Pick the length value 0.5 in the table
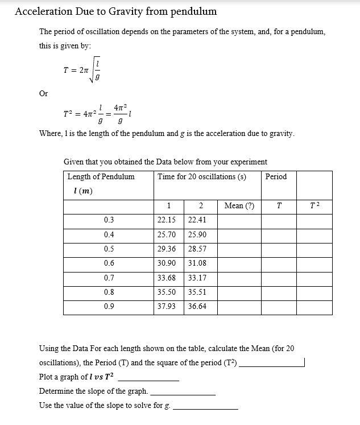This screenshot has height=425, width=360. (109, 249)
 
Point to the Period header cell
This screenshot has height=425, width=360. (276, 176)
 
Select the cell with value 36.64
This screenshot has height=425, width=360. (197, 306)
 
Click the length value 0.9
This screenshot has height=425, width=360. (109, 306)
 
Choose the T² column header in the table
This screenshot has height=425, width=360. (315, 205)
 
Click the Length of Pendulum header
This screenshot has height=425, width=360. (101, 176)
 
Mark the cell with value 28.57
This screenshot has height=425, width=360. (197, 249)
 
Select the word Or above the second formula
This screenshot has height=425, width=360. (44, 93)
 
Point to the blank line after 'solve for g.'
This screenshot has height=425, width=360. (205, 407)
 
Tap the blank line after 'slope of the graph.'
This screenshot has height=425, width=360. (183, 393)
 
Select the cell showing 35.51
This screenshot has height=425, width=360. (197, 291)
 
